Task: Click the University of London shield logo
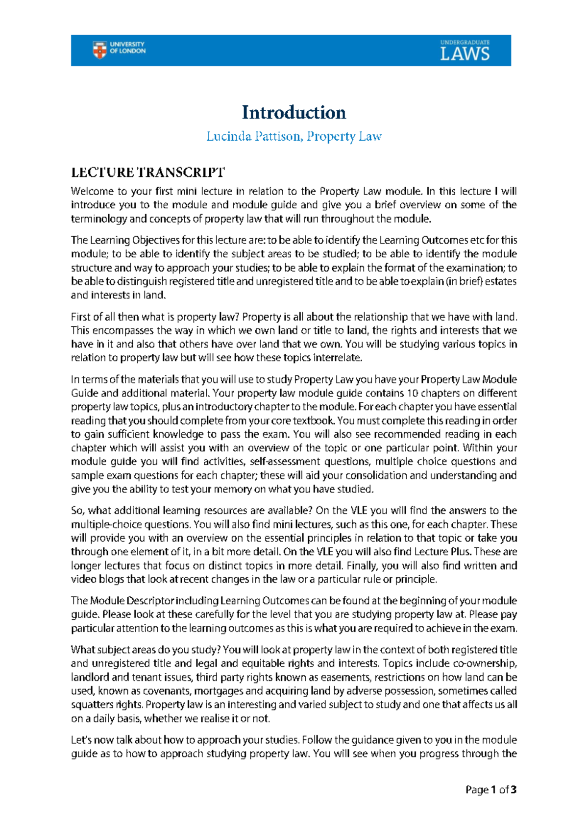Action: click(x=99, y=50)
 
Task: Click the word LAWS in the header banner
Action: click(x=465, y=54)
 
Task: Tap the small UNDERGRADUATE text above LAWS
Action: click(x=465, y=43)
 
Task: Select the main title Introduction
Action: click(x=294, y=112)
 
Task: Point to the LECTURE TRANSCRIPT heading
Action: click(x=148, y=172)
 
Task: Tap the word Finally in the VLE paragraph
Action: click(x=362, y=565)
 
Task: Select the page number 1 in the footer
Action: click(x=493, y=790)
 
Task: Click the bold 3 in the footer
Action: click(x=514, y=790)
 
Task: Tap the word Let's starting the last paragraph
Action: click(x=81, y=740)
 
